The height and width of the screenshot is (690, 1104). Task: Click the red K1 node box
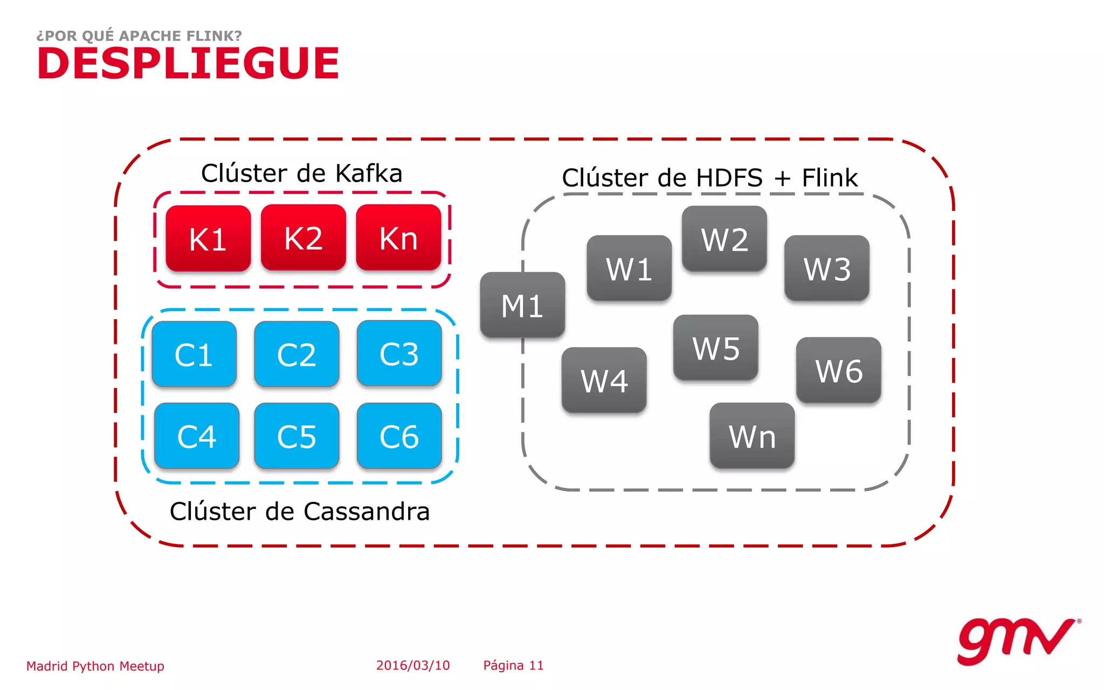click(x=208, y=238)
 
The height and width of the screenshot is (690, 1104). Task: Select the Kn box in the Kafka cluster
click(x=398, y=237)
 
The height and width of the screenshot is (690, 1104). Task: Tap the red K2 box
click(x=303, y=237)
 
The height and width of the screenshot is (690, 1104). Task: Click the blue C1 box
click(x=194, y=354)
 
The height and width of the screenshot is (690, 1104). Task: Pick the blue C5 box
click(x=296, y=436)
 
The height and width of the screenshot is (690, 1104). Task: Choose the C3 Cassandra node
click(x=399, y=353)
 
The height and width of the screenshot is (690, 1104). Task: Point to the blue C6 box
click(x=399, y=436)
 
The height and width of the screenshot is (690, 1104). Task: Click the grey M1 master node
click(x=522, y=305)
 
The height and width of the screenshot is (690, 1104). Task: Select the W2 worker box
click(x=724, y=238)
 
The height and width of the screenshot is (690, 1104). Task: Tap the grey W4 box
click(x=604, y=380)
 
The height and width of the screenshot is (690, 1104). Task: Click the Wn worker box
click(x=752, y=436)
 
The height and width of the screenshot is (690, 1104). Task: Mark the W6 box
click(x=838, y=370)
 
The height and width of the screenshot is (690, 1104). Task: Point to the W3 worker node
click(x=826, y=268)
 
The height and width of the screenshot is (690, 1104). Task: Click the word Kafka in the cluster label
click(x=369, y=174)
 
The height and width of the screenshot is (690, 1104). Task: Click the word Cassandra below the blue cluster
click(x=367, y=511)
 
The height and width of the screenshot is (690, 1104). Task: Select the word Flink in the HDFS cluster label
click(x=830, y=178)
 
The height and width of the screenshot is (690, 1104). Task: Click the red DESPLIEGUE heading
click(x=188, y=63)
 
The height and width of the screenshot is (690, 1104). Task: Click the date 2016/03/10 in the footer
click(x=413, y=665)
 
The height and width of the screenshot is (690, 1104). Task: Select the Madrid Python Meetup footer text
click(x=95, y=666)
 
